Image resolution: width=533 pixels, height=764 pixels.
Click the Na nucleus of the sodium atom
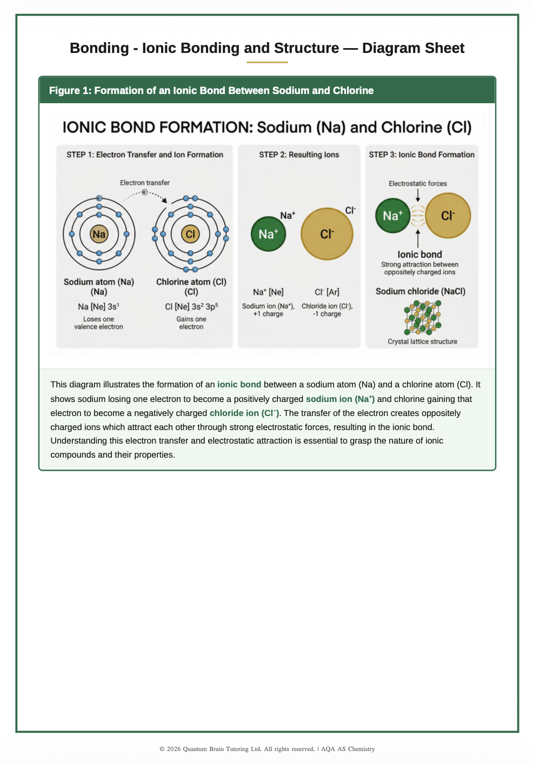99,234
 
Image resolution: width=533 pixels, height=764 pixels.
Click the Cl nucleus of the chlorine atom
190,234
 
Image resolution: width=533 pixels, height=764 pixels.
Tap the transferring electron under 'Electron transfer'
144,192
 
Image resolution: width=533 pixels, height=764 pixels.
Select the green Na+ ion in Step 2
268,234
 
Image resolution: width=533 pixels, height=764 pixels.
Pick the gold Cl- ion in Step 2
327,234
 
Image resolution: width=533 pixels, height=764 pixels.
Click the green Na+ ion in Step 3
392,216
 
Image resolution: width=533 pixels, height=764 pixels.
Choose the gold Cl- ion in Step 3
448,216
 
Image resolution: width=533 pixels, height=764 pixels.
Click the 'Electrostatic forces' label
418,184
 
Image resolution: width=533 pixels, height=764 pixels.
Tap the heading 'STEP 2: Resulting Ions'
299,155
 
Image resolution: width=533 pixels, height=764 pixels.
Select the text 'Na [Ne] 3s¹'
98,307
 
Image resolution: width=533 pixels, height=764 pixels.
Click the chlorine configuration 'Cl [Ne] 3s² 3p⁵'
191,307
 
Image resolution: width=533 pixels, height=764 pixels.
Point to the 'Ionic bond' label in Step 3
419,254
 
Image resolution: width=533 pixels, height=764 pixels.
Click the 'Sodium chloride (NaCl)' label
421,291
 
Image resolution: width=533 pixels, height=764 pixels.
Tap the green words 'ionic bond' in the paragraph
239,385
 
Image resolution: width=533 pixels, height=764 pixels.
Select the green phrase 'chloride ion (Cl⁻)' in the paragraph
244,413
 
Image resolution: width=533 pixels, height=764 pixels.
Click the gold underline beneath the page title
267,62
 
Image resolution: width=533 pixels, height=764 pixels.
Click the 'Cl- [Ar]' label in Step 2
327,292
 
